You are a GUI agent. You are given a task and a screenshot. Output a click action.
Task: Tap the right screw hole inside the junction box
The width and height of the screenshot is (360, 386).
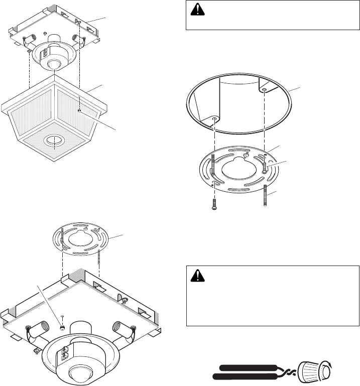pyautogui.click(x=264, y=90)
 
